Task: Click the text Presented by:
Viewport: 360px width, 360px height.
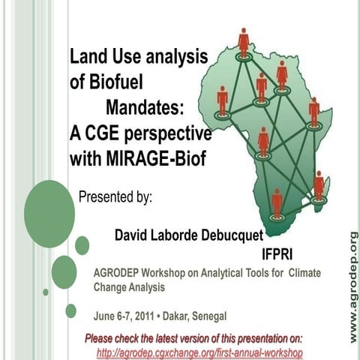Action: click(x=115, y=198)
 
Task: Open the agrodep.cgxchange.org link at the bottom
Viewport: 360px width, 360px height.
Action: click(x=199, y=352)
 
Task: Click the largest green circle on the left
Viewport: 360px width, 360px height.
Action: click(x=49, y=203)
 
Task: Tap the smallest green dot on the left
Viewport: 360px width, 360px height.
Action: click(x=46, y=292)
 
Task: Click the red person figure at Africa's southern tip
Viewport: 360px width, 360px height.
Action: click(x=277, y=201)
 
